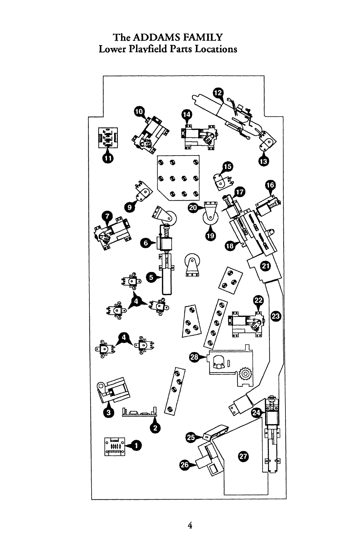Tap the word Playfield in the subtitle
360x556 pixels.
[148, 49]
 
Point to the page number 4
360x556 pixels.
[190, 525]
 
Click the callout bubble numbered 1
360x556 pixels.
[136, 446]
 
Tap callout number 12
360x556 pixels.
[218, 93]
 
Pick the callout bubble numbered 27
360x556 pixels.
[243, 456]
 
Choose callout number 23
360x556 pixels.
[276, 316]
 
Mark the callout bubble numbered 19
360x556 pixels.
[211, 235]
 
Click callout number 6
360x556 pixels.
[145, 243]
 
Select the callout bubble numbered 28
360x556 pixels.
[194, 357]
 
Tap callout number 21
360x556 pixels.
[265, 266]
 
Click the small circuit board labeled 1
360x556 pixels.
[115, 447]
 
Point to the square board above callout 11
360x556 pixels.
[108, 137]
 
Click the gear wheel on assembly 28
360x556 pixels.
[245, 374]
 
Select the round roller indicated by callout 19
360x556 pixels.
[211, 218]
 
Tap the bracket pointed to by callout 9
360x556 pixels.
[143, 192]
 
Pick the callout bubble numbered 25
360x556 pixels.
[191, 437]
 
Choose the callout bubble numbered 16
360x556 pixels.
[270, 185]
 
